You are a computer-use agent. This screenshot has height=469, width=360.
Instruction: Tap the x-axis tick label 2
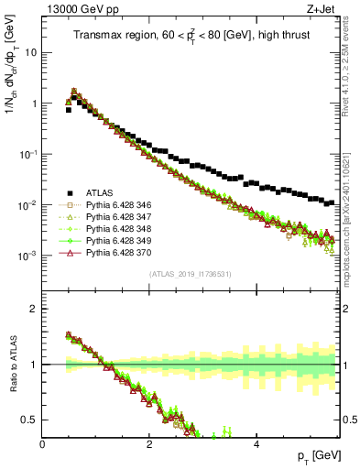coord(149,444)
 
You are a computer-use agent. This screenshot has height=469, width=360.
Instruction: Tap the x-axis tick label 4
coord(256,444)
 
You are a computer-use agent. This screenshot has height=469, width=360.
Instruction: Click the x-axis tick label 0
coord(43,444)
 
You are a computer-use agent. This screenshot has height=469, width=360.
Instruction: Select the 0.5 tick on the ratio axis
coord(31,420)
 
